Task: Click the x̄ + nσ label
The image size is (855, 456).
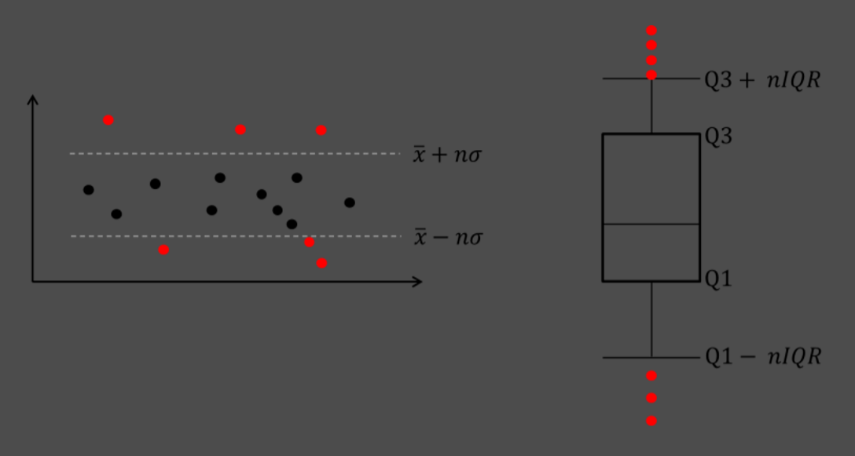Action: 447,155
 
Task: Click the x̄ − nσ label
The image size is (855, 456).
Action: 448,237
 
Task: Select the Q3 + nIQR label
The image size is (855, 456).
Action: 761,80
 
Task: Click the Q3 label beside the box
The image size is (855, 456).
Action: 718,137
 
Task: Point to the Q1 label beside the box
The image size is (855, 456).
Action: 718,279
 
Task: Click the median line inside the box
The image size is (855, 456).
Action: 651,224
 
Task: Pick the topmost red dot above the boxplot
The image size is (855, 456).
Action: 651,31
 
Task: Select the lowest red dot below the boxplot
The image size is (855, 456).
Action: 651,421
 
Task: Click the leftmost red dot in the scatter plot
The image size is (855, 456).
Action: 108,120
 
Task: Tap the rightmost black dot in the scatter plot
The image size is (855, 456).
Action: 350,202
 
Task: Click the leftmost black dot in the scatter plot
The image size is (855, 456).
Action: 89,190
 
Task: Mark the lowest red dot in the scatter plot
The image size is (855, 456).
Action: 321,263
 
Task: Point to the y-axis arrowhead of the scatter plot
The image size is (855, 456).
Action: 32,99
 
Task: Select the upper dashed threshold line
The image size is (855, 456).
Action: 236,154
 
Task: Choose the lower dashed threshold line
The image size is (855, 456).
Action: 236,236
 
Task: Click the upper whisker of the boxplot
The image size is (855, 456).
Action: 651,106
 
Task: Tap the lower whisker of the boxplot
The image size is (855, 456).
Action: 651,319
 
